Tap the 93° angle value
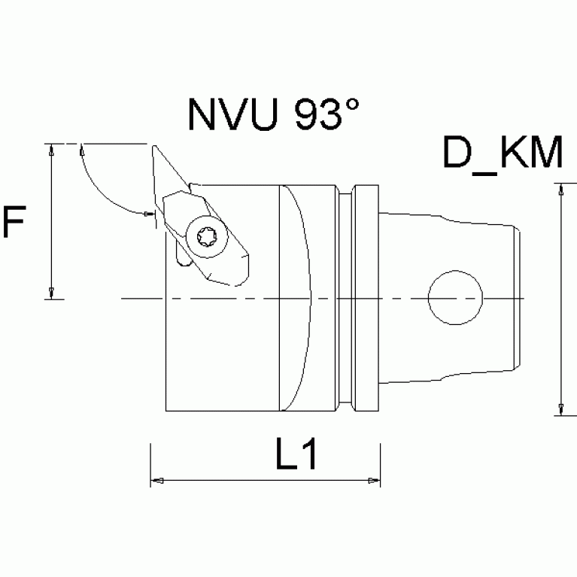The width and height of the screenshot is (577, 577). point(329,114)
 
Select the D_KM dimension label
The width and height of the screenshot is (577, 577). point(502,154)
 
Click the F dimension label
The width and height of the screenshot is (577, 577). point(16,223)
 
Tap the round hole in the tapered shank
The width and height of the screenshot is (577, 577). point(455,299)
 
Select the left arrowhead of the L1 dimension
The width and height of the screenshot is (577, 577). point(156,480)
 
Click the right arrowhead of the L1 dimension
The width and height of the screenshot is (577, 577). point(373,480)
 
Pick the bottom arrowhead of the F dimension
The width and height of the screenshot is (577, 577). point(50,292)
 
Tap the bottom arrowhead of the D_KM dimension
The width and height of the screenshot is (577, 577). point(560,408)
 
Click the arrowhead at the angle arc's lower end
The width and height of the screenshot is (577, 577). point(148,214)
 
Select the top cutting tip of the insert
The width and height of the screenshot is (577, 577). point(154,146)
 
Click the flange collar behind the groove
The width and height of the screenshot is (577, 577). point(366,299)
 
